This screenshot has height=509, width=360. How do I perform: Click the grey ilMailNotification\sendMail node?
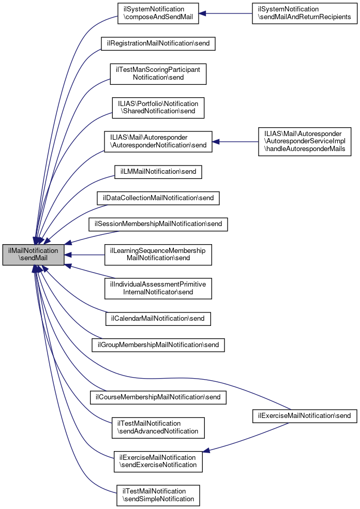point(33,255)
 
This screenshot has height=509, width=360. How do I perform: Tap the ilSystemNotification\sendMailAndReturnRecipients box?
point(305,13)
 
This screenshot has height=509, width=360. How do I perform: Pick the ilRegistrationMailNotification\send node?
point(158,43)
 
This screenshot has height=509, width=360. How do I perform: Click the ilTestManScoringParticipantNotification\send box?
point(158,73)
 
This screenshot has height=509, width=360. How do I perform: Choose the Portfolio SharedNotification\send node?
point(158,108)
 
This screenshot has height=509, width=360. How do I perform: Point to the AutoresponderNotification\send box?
point(158,141)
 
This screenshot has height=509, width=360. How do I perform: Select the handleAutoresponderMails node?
point(305,141)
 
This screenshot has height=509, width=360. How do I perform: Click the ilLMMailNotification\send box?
point(158,172)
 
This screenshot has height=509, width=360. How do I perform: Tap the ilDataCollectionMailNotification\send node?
point(158,198)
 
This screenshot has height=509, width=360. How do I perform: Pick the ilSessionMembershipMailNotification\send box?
point(158,224)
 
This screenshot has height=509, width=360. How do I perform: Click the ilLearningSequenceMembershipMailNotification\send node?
point(158,254)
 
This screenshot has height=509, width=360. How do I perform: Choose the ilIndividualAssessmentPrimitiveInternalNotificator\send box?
point(158,288)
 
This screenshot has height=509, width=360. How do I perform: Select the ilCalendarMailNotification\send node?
point(158,318)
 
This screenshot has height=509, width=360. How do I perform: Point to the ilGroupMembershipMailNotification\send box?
point(158,345)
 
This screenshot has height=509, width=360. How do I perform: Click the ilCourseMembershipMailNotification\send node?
point(158,397)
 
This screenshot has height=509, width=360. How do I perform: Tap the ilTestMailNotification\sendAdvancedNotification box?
point(158,427)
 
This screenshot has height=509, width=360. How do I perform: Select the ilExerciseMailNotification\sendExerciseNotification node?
point(158,461)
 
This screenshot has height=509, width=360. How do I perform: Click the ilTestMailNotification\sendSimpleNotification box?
point(158,495)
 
